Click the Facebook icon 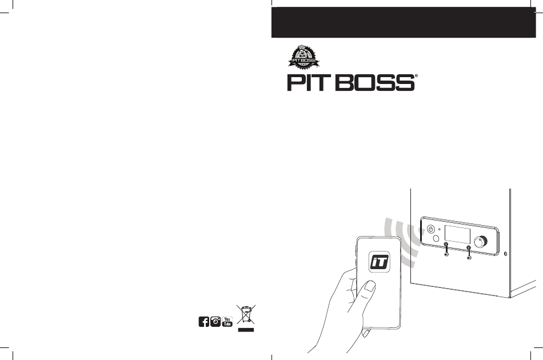click(x=203, y=322)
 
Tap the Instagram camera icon click(x=215, y=322)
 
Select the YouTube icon click(x=227, y=322)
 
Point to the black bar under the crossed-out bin click(x=245, y=330)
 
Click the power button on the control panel click(x=432, y=230)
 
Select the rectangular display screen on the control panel click(x=457, y=234)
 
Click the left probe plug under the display click(x=446, y=248)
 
